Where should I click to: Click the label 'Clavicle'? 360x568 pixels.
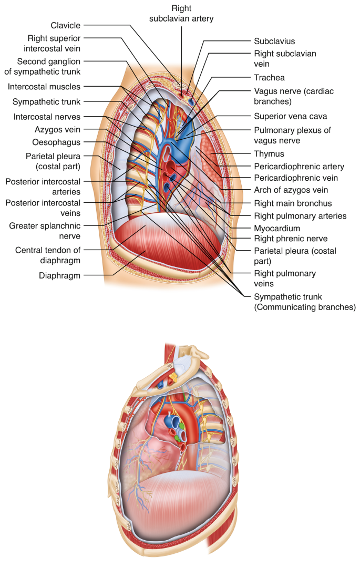pos(66,25)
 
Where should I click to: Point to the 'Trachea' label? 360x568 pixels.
pos(269,78)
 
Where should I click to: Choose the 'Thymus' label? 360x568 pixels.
pos(269,154)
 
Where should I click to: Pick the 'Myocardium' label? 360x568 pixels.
pos(276,229)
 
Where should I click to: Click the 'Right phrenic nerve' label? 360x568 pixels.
pos(287,238)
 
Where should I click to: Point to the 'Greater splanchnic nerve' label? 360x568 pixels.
pos(45,231)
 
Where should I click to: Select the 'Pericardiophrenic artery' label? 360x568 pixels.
pos(299,167)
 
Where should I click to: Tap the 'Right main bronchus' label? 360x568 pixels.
pos(292,203)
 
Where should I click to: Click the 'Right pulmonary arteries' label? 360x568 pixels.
pos(300,216)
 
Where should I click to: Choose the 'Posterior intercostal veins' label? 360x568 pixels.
pos(43,207)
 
